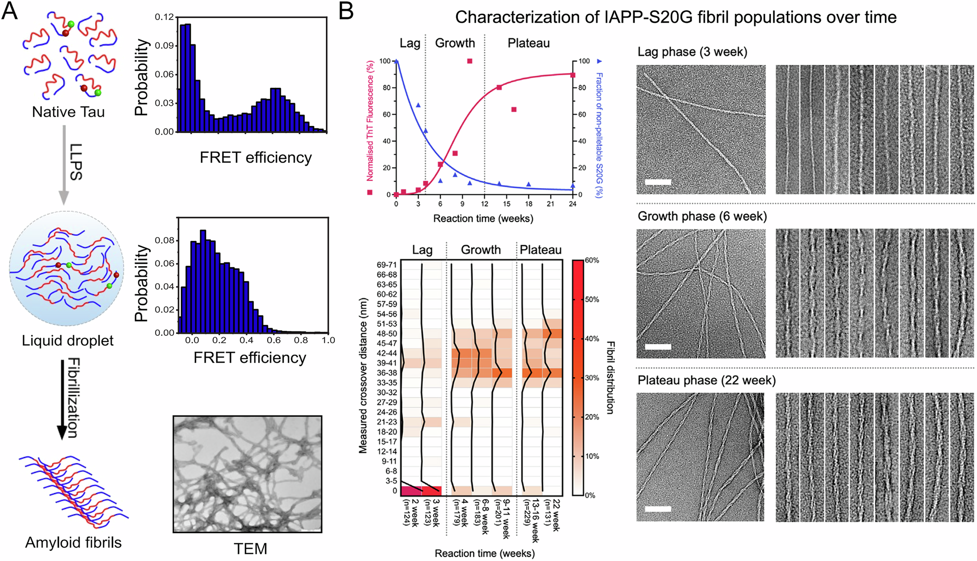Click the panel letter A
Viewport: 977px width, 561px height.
(x=10, y=10)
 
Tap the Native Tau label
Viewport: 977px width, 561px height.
(x=68, y=112)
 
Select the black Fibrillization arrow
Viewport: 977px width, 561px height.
(x=62, y=398)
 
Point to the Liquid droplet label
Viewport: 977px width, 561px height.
(x=68, y=341)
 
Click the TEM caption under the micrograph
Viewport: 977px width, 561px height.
(x=250, y=549)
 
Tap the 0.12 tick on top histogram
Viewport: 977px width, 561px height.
(x=165, y=17)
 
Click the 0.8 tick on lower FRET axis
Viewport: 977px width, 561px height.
(x=301, y=341)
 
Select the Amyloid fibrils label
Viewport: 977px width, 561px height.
(x=73, y=542)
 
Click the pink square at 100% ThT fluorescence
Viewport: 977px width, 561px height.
(x=469, y=61)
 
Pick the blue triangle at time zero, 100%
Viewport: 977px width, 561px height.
(x=396, y=62)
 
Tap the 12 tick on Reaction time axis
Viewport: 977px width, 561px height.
(x=484, y=204)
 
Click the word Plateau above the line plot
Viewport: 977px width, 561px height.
(x=529, y=43)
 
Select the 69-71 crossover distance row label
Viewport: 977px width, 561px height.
(x=386, y=265)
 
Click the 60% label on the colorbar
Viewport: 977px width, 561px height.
(x=592, y=260)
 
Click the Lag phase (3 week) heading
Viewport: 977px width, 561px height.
(x=692, y=52)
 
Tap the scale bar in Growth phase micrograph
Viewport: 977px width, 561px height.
(x=658, y=347)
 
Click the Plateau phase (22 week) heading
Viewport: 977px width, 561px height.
(x=707, y=380)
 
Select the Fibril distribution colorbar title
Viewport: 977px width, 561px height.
(x=610, y=377)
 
